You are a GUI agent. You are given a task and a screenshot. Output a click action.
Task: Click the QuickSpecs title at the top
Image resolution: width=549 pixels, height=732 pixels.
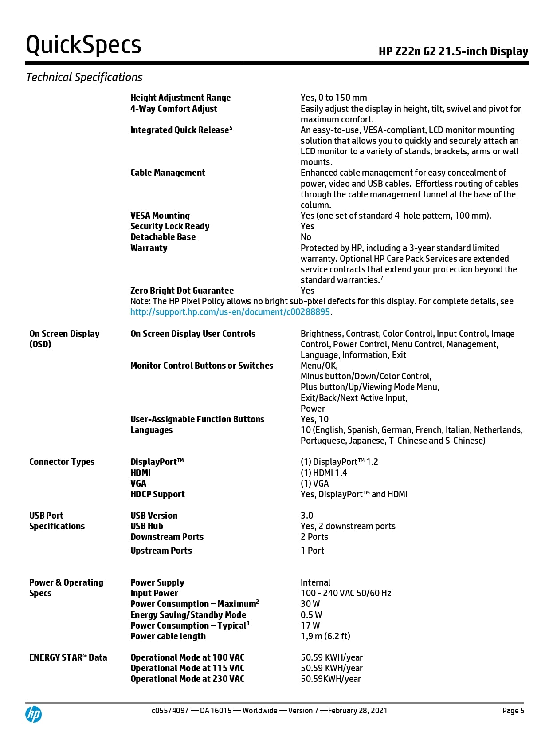point(83,45)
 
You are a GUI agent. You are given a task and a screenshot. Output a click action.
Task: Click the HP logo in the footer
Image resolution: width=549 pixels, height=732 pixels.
point(34,714)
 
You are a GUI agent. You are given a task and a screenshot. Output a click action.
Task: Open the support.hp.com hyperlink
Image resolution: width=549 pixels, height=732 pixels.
point(230,312)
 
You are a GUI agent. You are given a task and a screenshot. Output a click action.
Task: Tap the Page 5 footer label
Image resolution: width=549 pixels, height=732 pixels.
point(513,711)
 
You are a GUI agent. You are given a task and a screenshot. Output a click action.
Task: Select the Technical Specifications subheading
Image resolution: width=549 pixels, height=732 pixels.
point(84,77)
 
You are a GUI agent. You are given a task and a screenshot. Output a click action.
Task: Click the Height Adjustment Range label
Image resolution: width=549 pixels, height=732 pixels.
point(180,98)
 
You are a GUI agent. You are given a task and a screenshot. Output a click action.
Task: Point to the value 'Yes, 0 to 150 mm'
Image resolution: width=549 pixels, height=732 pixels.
point(333,98)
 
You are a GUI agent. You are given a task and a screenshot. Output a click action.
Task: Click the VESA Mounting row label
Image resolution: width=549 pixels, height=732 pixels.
point(160,216)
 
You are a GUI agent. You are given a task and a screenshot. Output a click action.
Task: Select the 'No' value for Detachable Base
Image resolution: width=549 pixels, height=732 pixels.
point(306,237)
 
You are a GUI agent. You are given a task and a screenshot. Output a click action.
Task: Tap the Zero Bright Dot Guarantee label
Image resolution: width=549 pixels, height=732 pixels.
point(182,291)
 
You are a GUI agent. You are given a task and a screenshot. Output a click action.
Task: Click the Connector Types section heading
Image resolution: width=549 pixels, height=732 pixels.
point(62,462)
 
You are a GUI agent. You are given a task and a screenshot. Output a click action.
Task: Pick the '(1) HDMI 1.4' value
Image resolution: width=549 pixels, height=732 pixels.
point(324,473)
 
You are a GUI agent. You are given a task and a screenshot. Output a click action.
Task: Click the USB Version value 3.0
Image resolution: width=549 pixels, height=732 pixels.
point(307,516)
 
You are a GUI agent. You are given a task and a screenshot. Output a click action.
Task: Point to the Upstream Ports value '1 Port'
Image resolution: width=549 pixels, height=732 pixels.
point(312,551)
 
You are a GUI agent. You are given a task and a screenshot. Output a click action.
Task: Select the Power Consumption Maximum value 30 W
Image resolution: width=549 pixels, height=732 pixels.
point(310,604)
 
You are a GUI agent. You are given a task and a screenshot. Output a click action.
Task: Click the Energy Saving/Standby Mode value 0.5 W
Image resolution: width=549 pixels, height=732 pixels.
point(311,615)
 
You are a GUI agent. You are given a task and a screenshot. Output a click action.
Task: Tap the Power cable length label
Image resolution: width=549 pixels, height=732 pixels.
point(168,636)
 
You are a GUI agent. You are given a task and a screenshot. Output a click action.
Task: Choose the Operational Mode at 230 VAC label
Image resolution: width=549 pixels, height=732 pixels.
point(187,679)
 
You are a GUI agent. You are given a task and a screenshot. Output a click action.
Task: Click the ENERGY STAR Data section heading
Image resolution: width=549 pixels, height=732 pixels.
point(68,657)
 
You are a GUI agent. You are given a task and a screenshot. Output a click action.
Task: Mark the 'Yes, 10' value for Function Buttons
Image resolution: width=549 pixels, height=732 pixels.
point(315,419)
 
